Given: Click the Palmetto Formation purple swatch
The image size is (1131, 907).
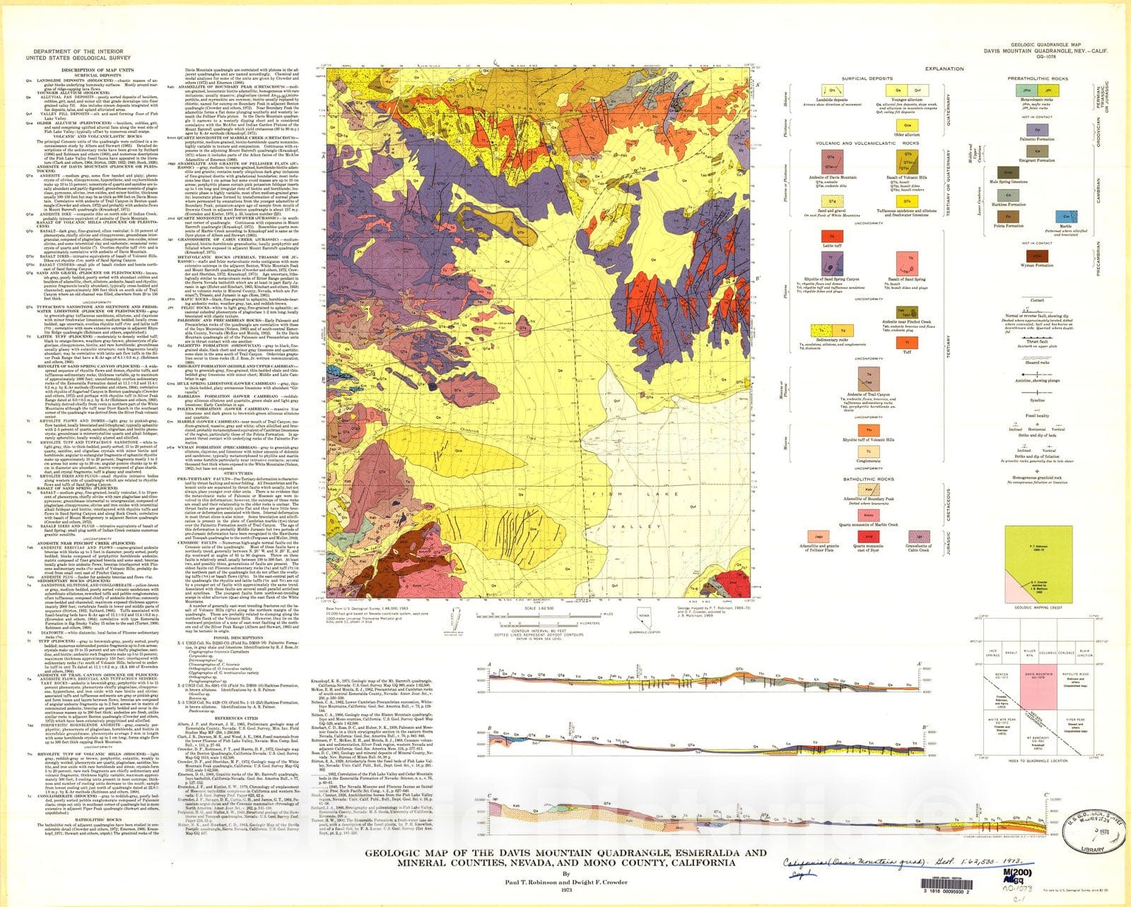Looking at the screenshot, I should point(1037,129).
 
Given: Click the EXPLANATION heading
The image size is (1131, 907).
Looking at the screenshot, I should point(944,69).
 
